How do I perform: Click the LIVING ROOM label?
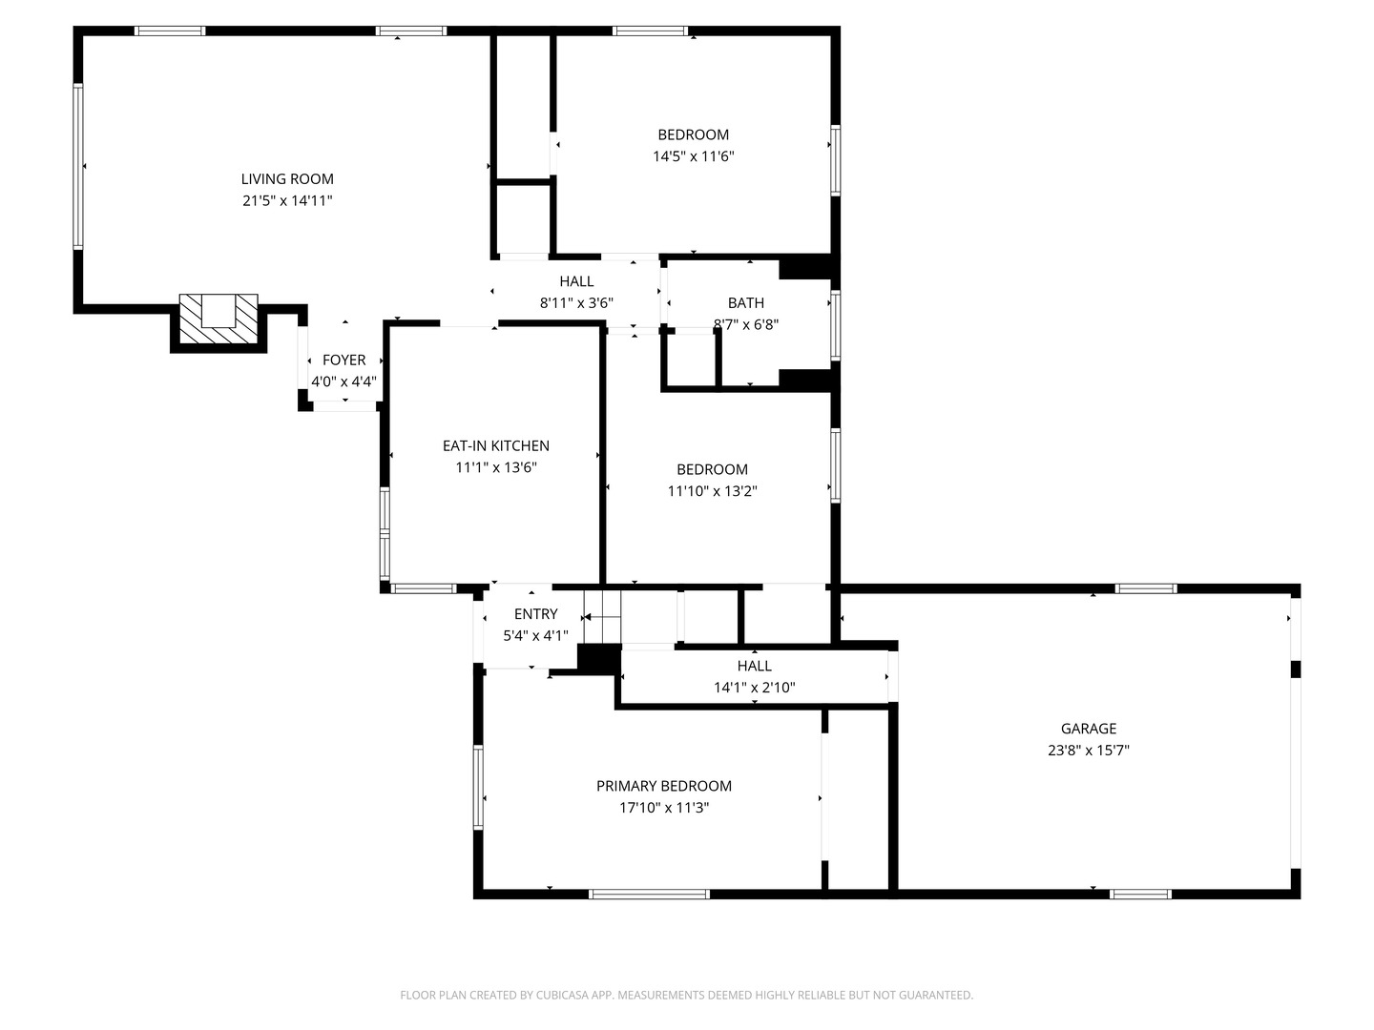pyautogui.click(x=287, y=179)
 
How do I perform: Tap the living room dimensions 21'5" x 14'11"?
pyautogui.click(x=287, y=200)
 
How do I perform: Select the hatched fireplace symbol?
pyautogui.click(x=219, y=319)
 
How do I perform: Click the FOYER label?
pyautogui.click(x=343, y=360)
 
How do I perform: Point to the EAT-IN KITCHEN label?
pyautogui.click(x=496, y=446)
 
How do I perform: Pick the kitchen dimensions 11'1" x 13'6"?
pyautogui.click(x=496, y=467)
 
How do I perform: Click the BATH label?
pyautogui.click(x=745, y=302)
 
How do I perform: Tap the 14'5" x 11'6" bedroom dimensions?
pyautogui.click(x=693, y=156)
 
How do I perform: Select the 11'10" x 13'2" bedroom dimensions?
pyautogui.click(x=712, y=491)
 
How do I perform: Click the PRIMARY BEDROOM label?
pyautogui.click(x=663, y=786)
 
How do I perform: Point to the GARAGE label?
pyautogui.click(x=1089, y=729)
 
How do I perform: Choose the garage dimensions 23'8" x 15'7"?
pyautogui.click(x=1089, y=750)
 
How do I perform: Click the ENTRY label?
pyautogui.click(x=536, y=614)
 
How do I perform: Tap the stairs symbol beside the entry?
pyautogui.click(x=602, y=617)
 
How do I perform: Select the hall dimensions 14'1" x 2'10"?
pyautogui.click(x=755, y=688)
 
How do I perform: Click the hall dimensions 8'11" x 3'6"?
pyautogui.click(x=576, y=303)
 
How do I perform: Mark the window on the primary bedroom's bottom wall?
pyautogui.click(x=649, y=895)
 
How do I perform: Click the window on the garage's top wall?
pyautogui.click(x=1146, y=588)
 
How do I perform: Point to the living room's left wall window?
pyautogui.click(x=78, y=166)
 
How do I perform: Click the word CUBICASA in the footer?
pyautogui.click(x=561, y=995)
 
